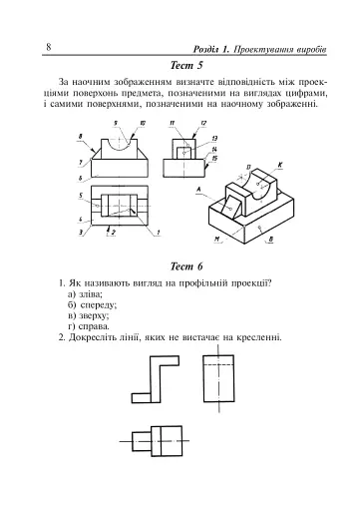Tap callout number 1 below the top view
tap(158, 233)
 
